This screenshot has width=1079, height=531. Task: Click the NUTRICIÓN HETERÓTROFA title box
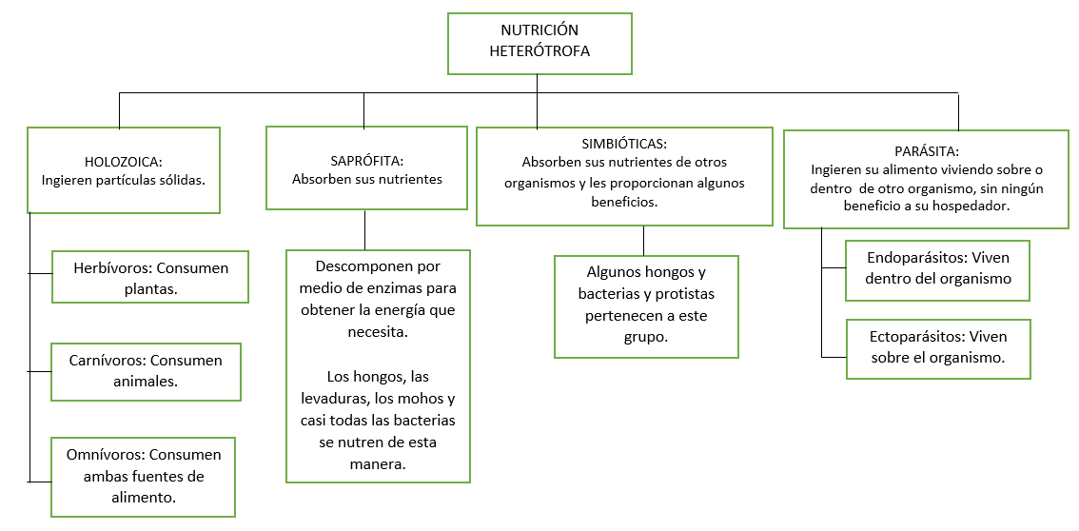[539, 43]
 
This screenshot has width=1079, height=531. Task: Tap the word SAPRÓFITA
[366, 162]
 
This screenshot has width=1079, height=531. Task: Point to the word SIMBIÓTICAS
[623, 145]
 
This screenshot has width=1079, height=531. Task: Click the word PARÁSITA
[926, 152]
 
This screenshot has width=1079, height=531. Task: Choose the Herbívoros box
[150, 277]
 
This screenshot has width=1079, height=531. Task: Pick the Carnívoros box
[146, 371]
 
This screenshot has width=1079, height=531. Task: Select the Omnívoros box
[143, 477]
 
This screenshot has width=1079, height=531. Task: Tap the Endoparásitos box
[937, 270]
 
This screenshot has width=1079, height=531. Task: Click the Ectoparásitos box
[937, 348]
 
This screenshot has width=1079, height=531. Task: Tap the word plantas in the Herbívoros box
[150, 287]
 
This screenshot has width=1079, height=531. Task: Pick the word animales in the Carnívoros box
[146, 382]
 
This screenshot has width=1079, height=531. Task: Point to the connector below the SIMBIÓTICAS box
[644, 240]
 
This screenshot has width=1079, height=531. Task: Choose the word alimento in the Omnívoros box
[143, 497]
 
